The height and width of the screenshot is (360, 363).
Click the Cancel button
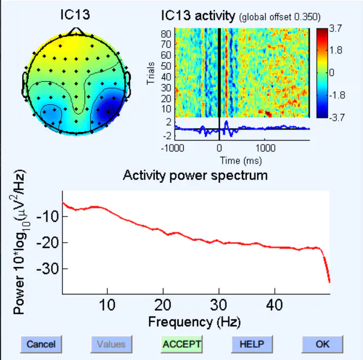tap(41, 344)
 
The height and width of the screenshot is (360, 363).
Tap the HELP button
tap(252, 344)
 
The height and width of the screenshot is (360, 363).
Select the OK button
tap(322, 344)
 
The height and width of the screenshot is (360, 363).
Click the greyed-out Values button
tap(111, 344)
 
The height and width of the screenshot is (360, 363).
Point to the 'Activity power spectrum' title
tap(195, 175)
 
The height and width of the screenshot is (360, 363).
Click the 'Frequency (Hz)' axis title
tap(194, 321)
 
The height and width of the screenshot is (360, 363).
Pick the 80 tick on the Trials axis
tap(165, 33)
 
